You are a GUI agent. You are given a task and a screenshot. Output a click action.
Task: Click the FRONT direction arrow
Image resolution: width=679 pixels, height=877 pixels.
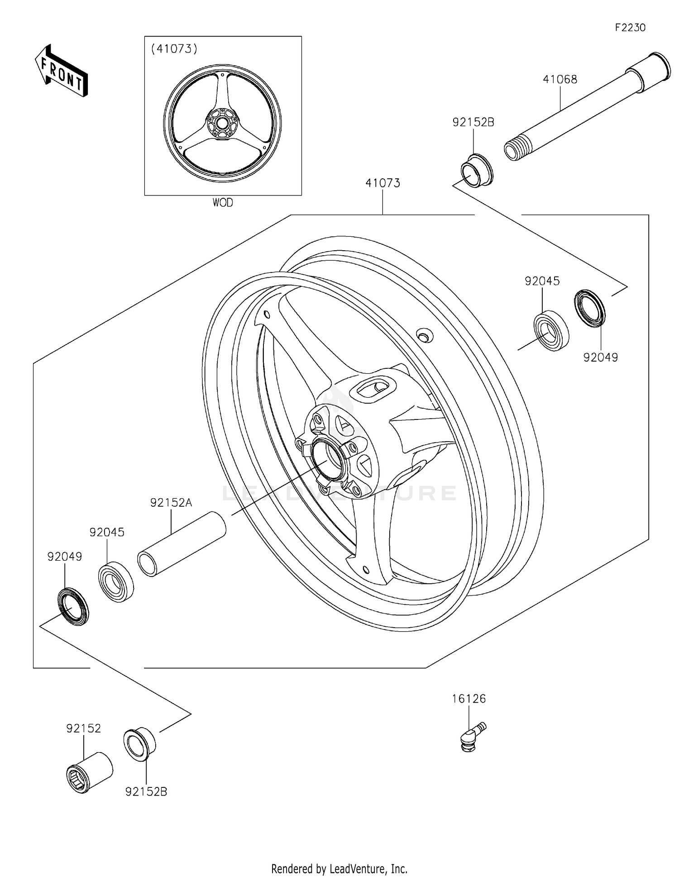61,71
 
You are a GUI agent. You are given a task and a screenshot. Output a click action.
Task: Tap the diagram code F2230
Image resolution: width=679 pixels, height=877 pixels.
630,28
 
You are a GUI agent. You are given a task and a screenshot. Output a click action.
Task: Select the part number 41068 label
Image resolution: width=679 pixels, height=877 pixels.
560,80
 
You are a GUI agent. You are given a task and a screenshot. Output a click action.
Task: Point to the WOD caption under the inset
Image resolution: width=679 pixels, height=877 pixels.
223,203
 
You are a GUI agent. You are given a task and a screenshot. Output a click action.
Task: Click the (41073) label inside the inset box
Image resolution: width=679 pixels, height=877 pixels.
174,49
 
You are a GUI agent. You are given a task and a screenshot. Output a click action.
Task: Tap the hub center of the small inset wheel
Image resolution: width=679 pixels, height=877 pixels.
222,123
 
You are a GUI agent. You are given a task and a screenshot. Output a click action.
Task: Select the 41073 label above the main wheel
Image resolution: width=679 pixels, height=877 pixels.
383,183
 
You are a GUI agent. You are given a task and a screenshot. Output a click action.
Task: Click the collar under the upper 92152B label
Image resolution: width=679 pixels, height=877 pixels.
477,170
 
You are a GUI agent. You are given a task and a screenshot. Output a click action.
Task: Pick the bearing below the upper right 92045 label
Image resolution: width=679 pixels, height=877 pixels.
551,331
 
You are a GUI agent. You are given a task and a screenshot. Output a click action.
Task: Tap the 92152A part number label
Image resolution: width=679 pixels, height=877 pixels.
171,503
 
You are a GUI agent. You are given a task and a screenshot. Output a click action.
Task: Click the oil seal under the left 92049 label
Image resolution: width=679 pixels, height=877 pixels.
73,606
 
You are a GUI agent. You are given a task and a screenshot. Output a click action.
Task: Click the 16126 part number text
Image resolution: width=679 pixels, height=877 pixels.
469,699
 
